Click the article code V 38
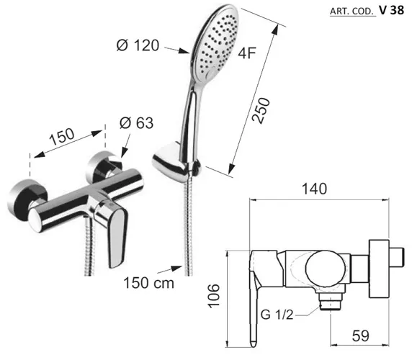(391, 10)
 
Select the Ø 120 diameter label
(138, 45)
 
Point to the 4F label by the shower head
(247, 53)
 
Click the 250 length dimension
(261, 110)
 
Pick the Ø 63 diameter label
(136, 122)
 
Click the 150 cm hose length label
(148, 284)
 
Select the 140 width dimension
(314, 189)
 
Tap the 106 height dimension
(214, 295)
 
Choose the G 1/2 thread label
(277, 315)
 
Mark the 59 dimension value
(360, 336)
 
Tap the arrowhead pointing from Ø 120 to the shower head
(184, 51)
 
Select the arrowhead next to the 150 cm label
(176, 268)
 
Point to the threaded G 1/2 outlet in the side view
(331, 301)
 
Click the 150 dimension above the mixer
(62, 137)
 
